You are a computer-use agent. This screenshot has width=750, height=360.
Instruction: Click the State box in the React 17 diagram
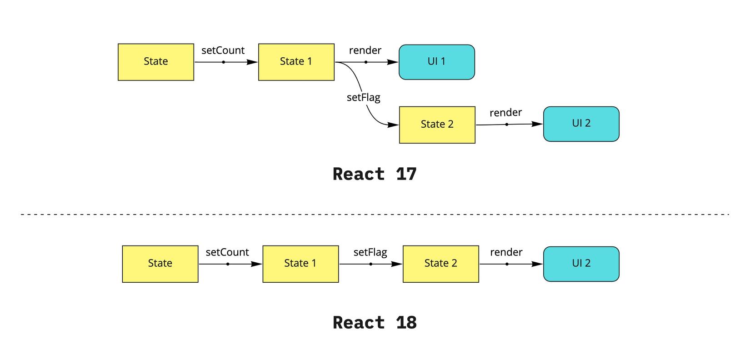coord(155,62)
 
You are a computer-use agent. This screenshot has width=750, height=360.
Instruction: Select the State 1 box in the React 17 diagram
coord(296,62)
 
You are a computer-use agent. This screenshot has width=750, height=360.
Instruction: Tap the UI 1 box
coord(436,62)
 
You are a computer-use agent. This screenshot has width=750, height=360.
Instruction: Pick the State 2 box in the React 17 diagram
coord(437,125)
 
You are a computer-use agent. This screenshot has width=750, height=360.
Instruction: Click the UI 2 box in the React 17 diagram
coord(581,124)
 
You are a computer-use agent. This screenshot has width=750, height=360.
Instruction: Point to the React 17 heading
coord(375,174)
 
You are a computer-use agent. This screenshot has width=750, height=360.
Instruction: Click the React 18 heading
coord(375,323)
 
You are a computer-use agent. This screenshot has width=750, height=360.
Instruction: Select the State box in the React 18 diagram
coord(160,264)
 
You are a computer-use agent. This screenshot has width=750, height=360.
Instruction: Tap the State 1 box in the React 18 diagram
coord(300,264)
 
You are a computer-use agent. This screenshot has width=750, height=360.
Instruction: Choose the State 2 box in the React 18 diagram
coord(440,264)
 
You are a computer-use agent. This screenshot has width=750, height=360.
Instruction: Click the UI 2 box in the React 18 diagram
coord(581,264)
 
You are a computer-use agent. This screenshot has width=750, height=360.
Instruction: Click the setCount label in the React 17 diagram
coord(223,50)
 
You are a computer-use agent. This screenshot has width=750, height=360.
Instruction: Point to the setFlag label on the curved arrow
coord(363,97)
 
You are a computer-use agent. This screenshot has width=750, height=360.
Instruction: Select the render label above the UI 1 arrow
coord(365,50)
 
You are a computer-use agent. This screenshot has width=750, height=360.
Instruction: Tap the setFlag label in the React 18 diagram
coord(370,252)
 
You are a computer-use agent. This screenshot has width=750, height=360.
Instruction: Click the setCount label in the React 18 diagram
coord(227,252)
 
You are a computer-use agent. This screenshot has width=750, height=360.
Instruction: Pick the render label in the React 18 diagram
coord(506,252)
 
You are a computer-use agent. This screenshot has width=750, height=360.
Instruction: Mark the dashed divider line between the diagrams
coord(375,214)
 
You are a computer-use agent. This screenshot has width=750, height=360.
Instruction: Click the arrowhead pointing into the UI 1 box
coord(393,62)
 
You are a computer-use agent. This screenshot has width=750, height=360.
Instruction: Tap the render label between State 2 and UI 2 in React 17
coord(505,113)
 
